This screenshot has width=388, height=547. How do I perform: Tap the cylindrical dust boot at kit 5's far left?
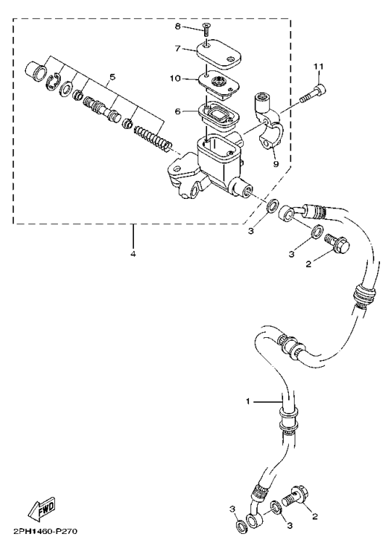coord(34,72)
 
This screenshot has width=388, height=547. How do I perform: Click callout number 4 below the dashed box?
coord(133,253)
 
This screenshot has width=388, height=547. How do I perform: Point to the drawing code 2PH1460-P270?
coord(45,533)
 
